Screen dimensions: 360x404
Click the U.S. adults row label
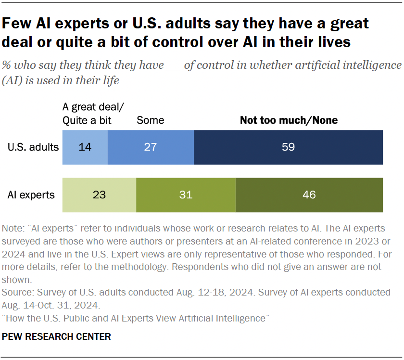click(33, 147)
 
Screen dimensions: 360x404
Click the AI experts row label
click(31, 195)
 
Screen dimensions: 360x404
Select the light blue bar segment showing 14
click(85, 147)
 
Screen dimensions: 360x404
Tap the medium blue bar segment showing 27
click(151, 147)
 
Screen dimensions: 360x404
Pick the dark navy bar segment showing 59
click(288, 147)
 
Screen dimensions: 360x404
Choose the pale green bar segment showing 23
click(100, 195)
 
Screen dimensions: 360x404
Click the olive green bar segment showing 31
click(186, 195)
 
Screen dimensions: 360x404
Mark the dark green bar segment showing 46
click(309, 195)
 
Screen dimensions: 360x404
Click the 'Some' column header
click(150, 120)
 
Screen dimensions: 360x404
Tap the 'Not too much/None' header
click(289, 120)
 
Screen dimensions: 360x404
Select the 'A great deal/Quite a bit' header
click(87, 114)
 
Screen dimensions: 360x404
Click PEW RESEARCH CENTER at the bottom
click(57, 337)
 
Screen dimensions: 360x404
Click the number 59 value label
click(288, 147)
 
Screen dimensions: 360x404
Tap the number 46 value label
click(309, 195)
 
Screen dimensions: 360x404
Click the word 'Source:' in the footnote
click(17, 292)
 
